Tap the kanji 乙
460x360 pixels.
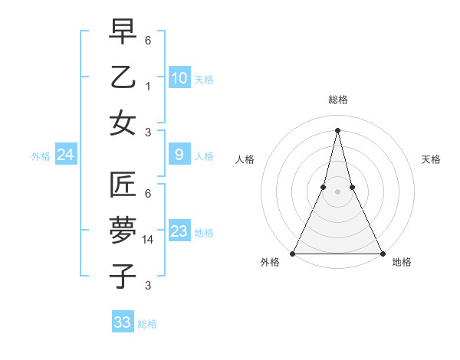pyautogui.click(x=123, y=77)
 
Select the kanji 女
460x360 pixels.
pyautogui.click(x=123, y=123)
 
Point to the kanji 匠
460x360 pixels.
pyautogui.click(x=123, y=185)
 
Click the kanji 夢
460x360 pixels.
pyautogui.click(x=123, y=231)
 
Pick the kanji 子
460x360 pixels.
pyautogui.click(x=123, y=276)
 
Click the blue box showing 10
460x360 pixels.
pyautogui.click(x=179, y=78)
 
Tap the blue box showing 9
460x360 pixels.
pyautogui.click(x=179, y=155)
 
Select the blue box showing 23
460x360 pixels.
pyautogui.click(x=179, y=231)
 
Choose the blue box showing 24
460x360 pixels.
pyautogui.click(x=66, y=155)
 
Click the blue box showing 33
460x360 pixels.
pyautogui.click(x=123, y=322)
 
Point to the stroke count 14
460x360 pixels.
pyautogui.click(x=149, y=241)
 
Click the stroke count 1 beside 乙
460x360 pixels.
pyautogui.click(x=147, y=86)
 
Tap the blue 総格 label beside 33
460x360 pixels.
pyautogui.click(x=147, y=324)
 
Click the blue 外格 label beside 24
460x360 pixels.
pyautogui.click(x=41, y=156)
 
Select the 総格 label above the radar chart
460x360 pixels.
pyautogui.click(x=337, y=100)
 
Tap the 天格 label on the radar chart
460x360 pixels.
pyautogui.click(x=431, y=159)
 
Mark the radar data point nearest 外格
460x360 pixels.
pyautogui.click(x=293, y=253)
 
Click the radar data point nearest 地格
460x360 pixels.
pyautogui.click(x=382, y=253)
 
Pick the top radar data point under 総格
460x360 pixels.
pyautogui.click(x=337, y=129)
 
